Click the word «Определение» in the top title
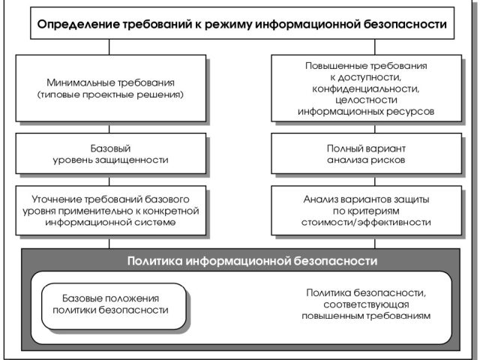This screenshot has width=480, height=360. (x=78, y=24)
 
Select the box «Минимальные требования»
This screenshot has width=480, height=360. (x=111, y=88)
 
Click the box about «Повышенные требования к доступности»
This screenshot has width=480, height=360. (x=367, y=88)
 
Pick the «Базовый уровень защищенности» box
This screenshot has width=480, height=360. (x=111, y=153)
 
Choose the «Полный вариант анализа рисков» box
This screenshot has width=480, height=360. (x=367, y=153)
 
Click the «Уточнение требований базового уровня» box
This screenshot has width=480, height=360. (x=111, y=211)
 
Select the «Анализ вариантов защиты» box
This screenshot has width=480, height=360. (x=367, y=211)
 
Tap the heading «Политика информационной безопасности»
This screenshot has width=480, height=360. (x=252, y=261)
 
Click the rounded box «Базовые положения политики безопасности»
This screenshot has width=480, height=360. (x=114, y=306)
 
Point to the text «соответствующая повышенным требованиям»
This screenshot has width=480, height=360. (x=366, y=310)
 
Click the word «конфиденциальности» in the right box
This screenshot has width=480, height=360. (x=366, y=88)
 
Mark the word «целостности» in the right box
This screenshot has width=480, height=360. (x=366, y=100)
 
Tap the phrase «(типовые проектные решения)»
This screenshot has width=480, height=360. (x=110, y=94)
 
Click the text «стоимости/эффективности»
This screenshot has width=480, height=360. (x=366, y=222)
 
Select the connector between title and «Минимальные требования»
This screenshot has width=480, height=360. (x=109, y=46)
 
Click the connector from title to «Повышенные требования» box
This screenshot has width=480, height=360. (x=375, y=46)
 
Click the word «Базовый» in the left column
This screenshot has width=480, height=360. (x=110, y=148)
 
